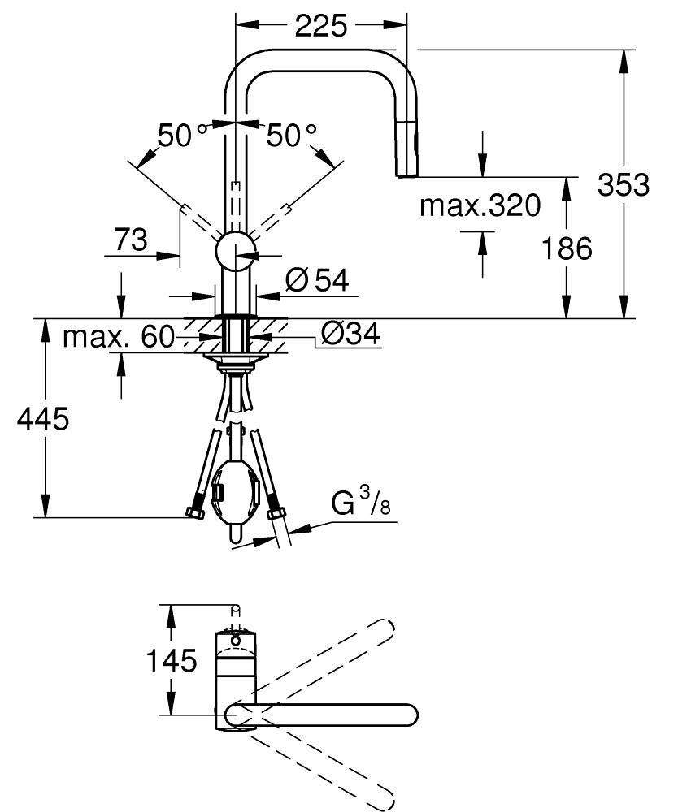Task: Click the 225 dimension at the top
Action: click(320, 26)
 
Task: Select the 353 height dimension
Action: click(623, 185)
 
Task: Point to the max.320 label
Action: click(480, 206)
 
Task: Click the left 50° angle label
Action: click(176, 136)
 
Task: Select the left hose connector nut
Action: click(194, 512)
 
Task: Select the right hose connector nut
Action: click(276, 512)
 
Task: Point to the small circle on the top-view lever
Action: click(236, 641)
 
